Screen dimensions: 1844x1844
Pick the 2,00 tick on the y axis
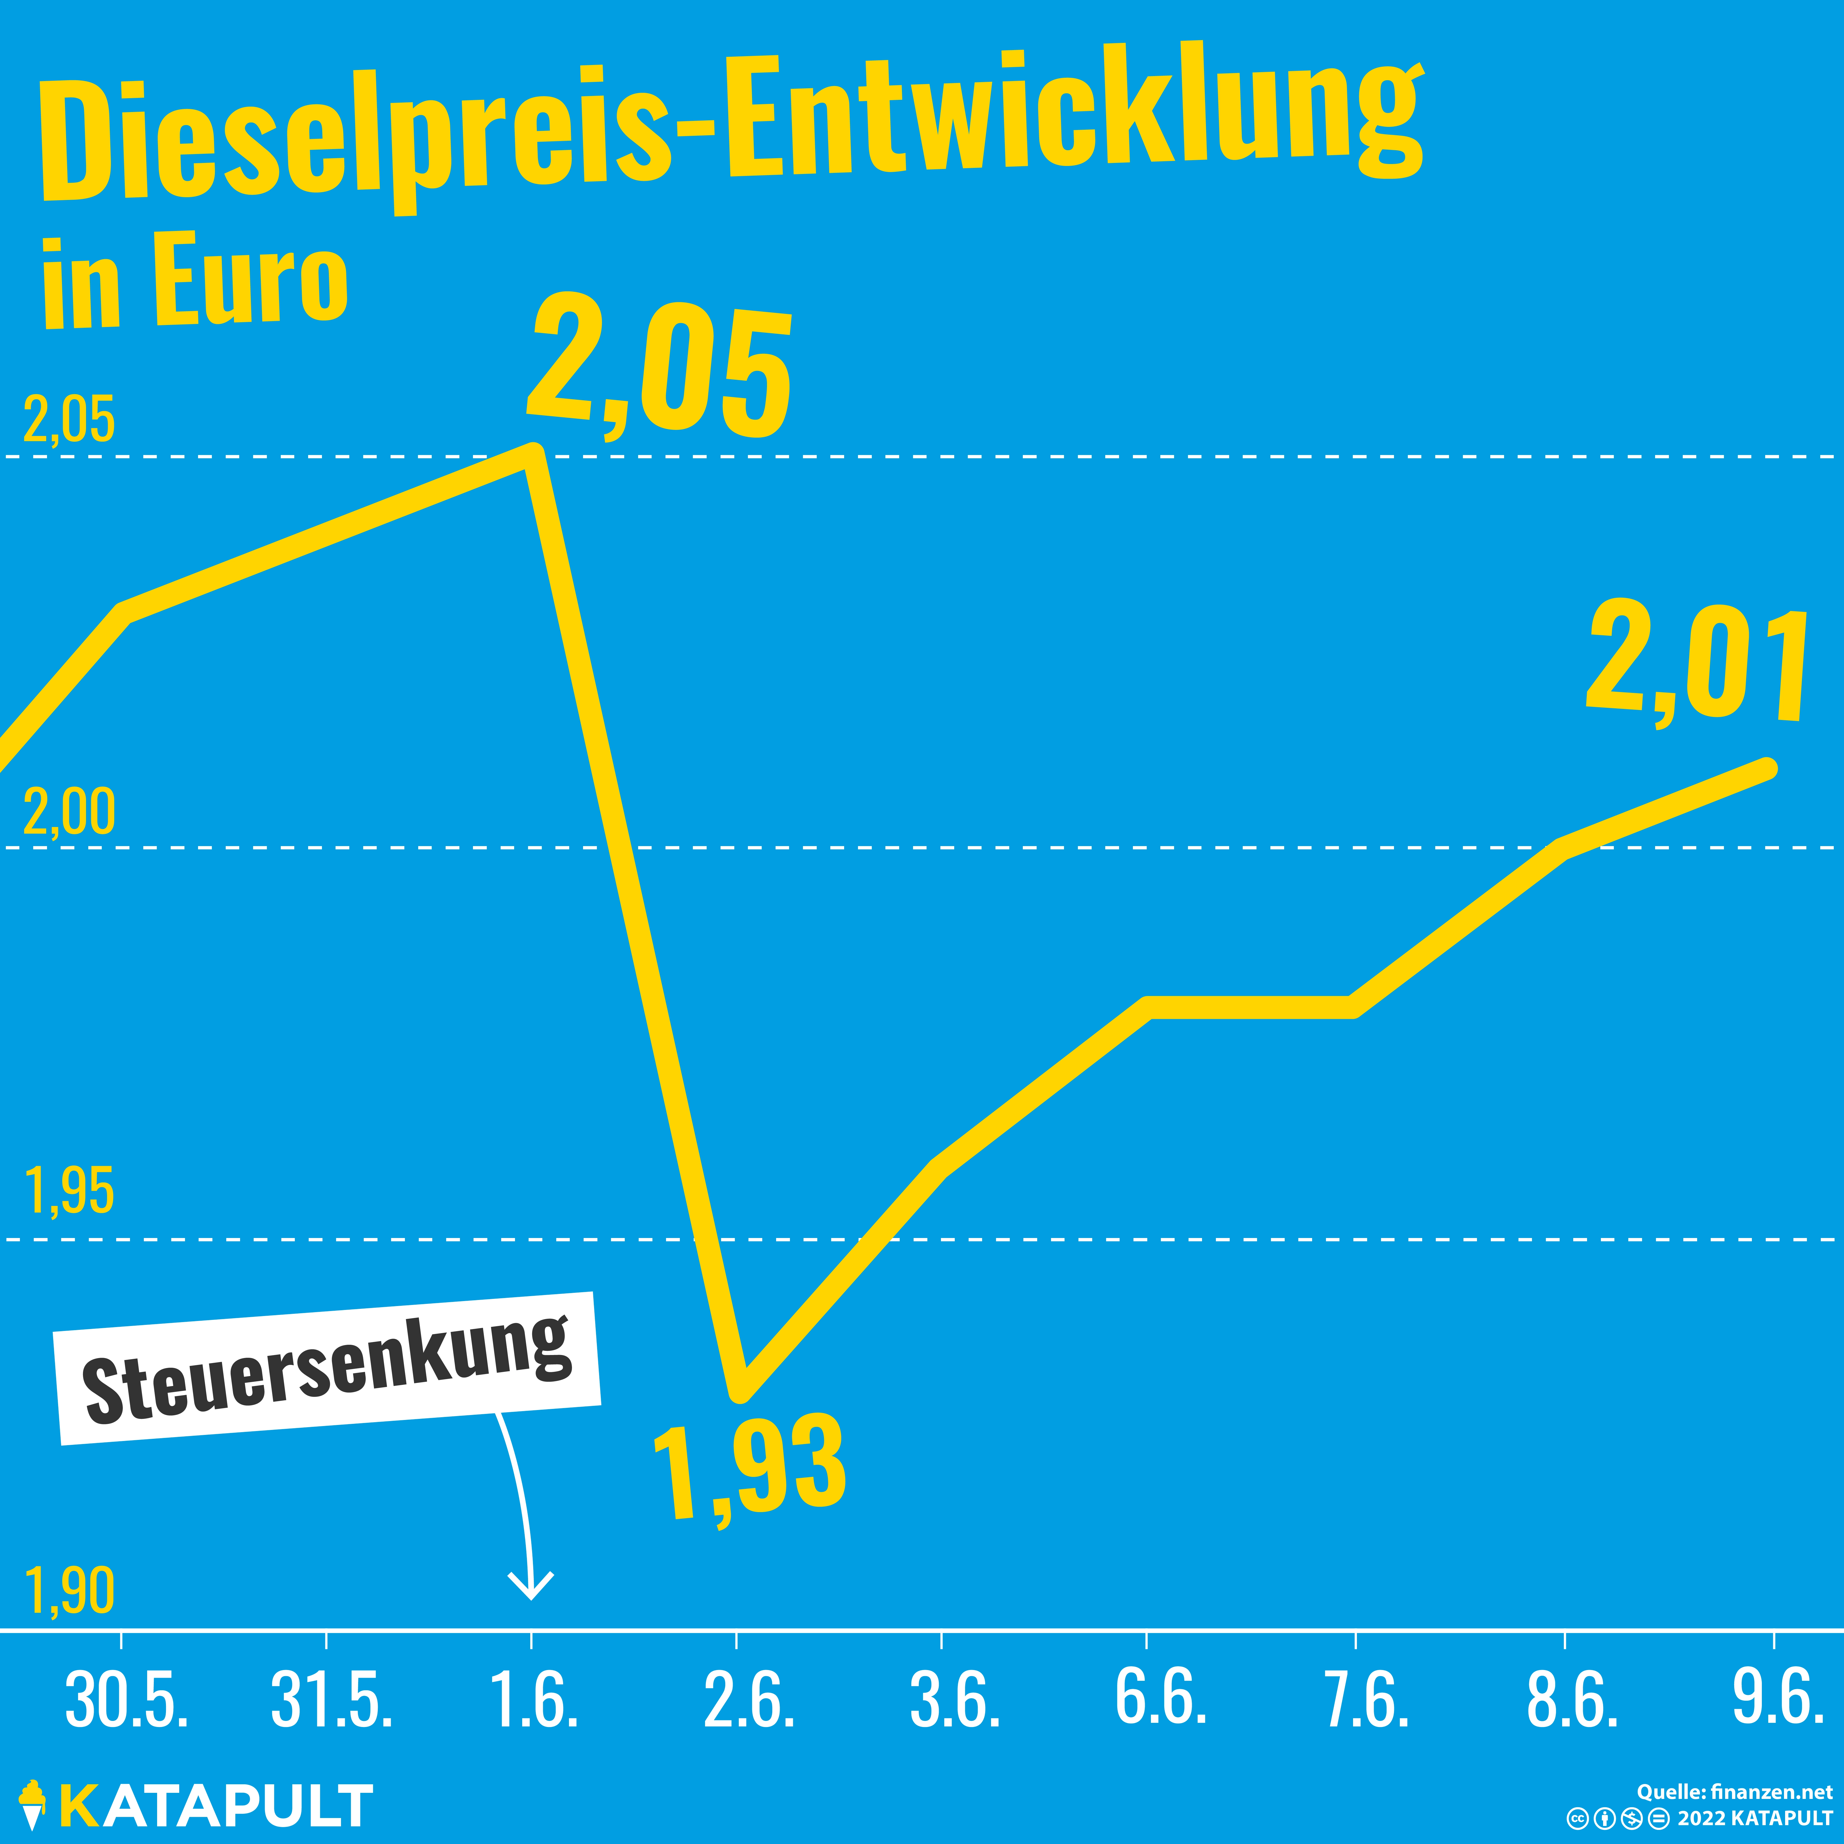[69, 812]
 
